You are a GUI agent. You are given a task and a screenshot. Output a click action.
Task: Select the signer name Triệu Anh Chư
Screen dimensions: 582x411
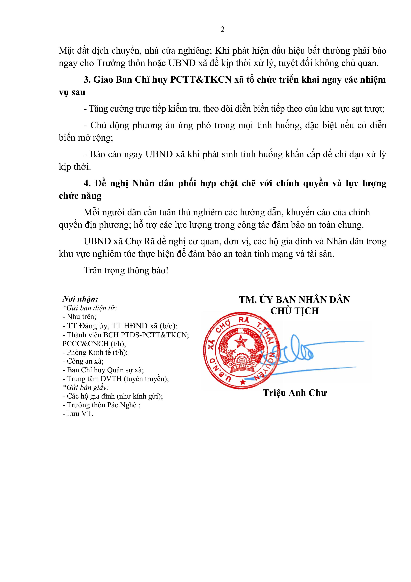click(295, 393)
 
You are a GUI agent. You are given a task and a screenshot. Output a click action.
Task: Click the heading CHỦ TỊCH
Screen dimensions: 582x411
click(295, 311)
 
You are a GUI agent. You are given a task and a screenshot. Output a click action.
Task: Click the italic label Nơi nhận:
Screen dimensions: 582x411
click(81, 299)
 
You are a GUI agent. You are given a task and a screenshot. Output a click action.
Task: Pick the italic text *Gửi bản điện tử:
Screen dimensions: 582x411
click(90, 308)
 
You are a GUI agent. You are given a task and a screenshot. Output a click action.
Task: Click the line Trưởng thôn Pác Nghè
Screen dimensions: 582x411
click(101, 405)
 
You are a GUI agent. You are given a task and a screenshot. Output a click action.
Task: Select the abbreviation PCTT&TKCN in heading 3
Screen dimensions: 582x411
click(201, 80)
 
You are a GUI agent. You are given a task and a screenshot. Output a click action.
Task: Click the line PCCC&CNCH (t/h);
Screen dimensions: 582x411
click(94, 344)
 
